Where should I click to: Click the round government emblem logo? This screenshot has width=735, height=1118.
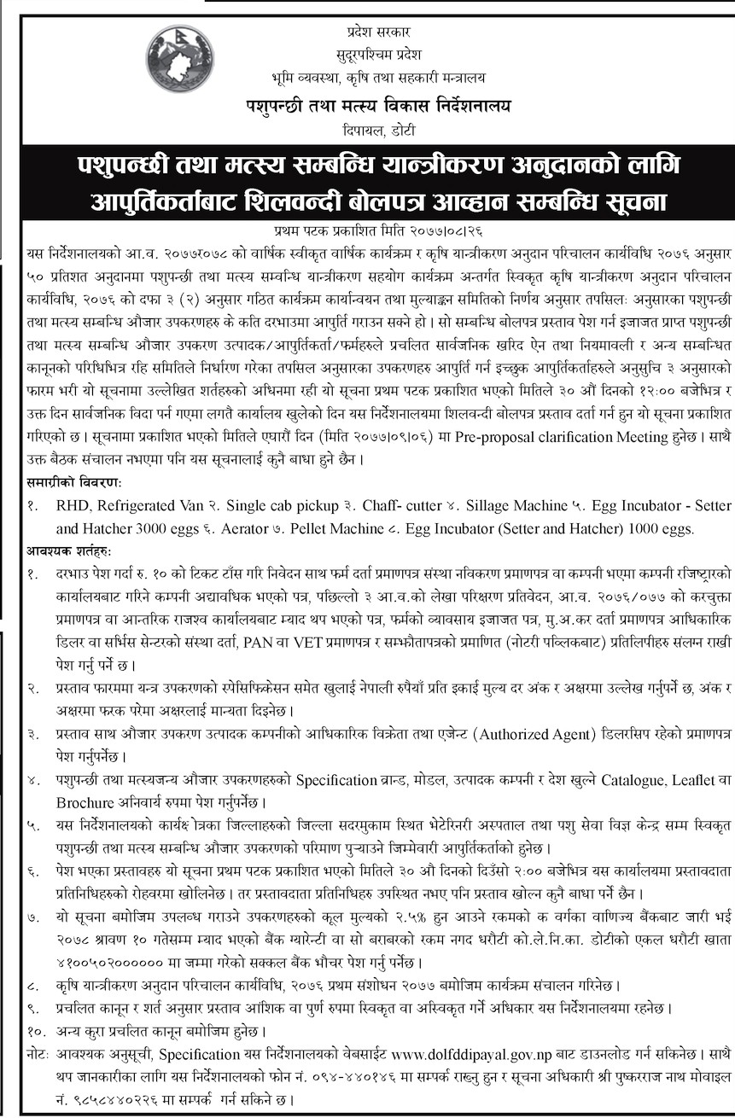coord(180,59)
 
